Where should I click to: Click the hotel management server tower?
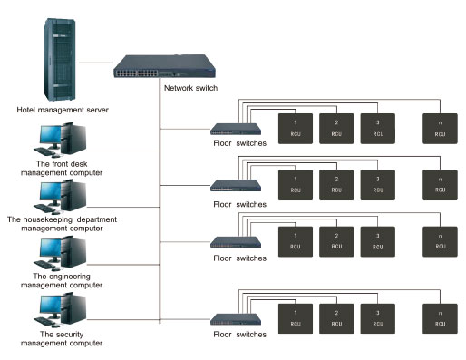[x=59, y=59]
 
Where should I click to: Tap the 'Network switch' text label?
[x=190, y=87]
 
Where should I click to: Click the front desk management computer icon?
[x=61, y=141]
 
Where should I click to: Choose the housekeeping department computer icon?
[x=61, y=195]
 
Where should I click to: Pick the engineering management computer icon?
[x=61, y=251]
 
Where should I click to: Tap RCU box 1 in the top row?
[x=295, y=128]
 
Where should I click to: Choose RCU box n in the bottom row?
[x=440, y=318]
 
